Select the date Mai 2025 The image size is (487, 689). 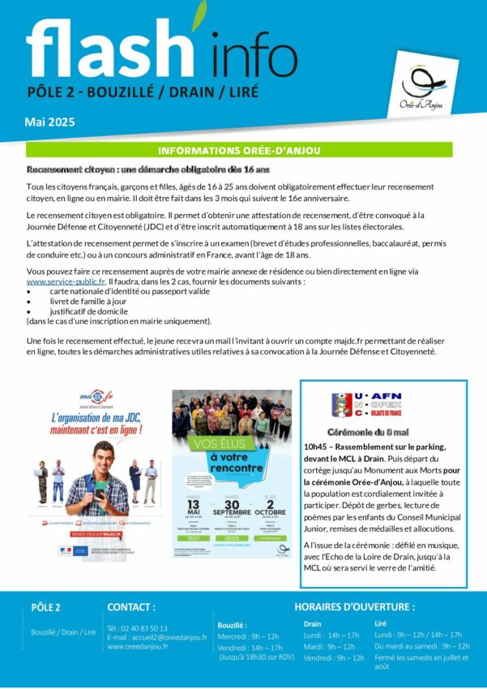(51, 122)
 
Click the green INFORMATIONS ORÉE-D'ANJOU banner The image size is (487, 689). (250, 151)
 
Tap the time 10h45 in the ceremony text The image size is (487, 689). (314, 447)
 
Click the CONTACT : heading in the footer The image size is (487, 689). (131, 606)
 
